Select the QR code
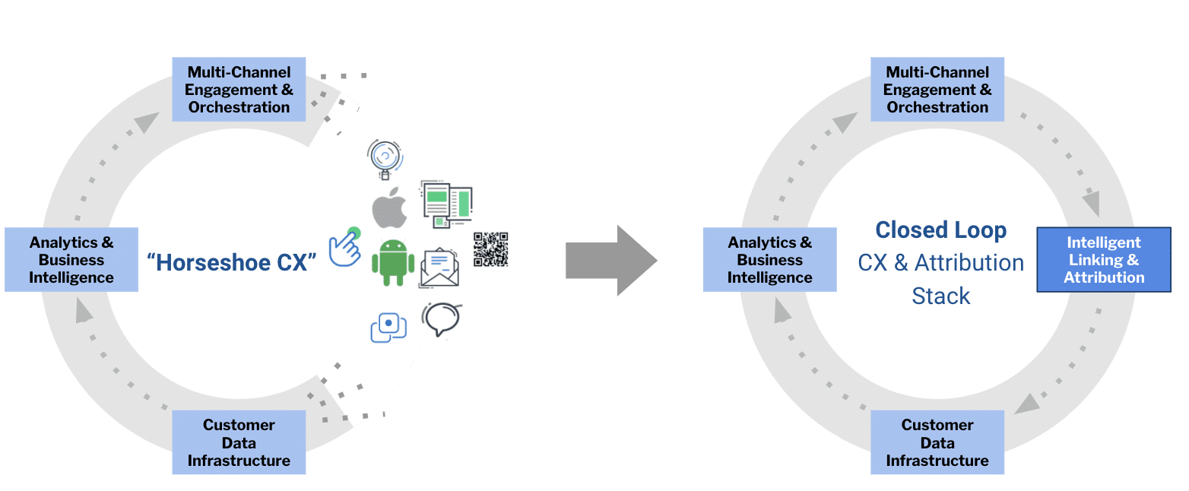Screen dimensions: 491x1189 [490, 249]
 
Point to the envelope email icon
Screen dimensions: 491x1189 [439, 268]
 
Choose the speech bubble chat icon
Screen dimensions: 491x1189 [442, 320]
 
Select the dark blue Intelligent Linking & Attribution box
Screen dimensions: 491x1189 [1103, 260]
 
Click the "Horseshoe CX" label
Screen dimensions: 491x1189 [231, 262]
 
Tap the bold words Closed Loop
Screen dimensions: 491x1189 [940, 230]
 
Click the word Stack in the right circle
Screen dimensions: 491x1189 [940, 296]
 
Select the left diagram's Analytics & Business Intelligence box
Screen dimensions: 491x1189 [71, 260]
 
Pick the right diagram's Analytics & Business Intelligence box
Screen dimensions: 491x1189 [769, 260]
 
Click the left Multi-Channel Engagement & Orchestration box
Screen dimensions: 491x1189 [239, 89]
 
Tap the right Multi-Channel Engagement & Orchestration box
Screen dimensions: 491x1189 [937, 89]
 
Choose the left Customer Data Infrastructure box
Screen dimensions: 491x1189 [239, 442]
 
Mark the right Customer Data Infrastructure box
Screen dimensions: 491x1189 [937, 442]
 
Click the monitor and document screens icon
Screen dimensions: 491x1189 [446, 204]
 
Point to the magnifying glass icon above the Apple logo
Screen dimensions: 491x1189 [385, 158]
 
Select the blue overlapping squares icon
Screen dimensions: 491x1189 [388, 326]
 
